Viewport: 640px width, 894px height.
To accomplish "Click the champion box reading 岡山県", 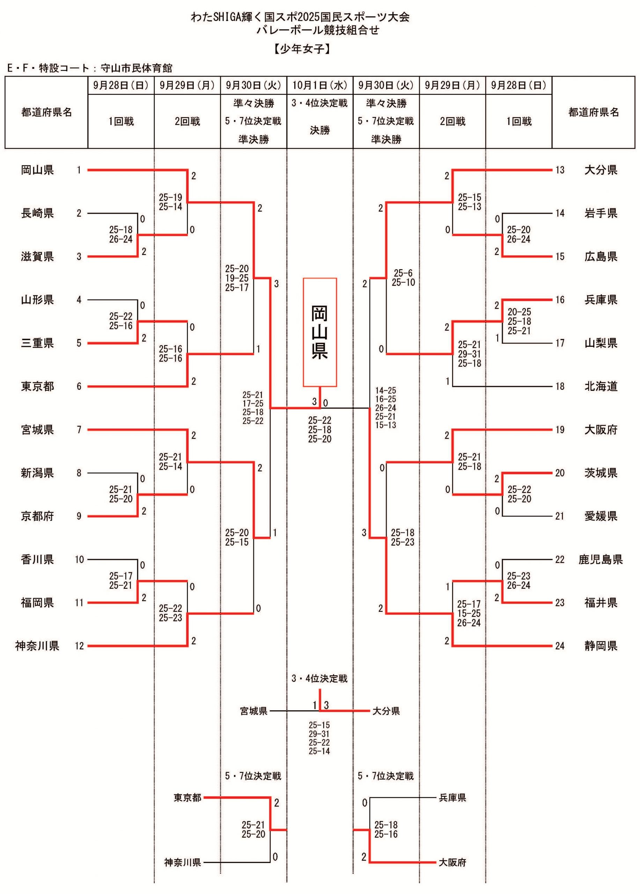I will (319, 332).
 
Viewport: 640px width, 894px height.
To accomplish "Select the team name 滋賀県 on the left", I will (37, 257).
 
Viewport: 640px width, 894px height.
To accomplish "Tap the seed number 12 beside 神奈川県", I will (80, 646).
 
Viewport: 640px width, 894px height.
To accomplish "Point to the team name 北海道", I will (601, 386).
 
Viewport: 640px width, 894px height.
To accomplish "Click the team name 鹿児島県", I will (600, 559).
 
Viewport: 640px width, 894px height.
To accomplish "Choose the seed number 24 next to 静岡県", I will (560, 646).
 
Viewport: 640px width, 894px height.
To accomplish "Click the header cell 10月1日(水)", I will (319, 85).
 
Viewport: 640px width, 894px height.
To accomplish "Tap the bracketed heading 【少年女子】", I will (302, 49).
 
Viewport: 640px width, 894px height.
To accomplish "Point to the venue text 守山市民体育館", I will (137, 68).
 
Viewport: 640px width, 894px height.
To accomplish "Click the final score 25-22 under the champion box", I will (319, 420).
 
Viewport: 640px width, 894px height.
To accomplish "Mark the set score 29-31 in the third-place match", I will (319, 734).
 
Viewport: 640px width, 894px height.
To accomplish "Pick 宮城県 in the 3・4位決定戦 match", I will (254, 711).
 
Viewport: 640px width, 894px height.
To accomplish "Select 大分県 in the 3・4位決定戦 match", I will (386, 711).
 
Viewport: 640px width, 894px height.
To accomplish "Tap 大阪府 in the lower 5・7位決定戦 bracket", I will (453, 863).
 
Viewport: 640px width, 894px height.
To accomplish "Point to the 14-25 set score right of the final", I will (385, 390).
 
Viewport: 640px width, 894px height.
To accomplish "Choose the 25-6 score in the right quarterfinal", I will (403, 273).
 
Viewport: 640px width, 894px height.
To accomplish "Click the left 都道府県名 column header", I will (46, 112).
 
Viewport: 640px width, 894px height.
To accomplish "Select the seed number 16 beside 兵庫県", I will (560, 300).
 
